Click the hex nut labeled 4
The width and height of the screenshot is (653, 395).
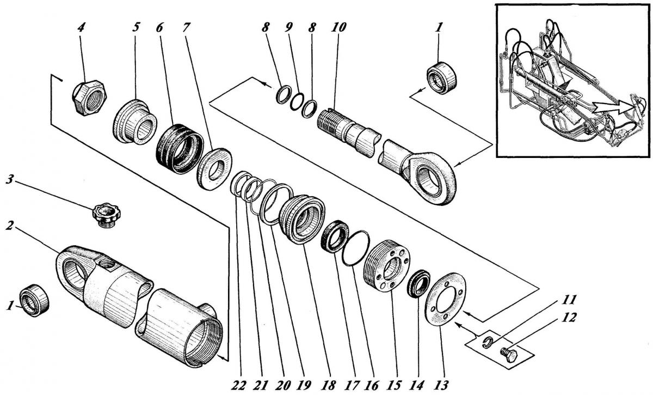89,98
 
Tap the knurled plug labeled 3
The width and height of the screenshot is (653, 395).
107,215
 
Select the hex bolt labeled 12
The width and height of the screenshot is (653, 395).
509,355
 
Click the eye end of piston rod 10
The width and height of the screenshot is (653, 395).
430,178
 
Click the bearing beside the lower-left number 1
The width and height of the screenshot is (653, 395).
34,300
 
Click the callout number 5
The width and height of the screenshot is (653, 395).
135,27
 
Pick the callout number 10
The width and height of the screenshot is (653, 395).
338,27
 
